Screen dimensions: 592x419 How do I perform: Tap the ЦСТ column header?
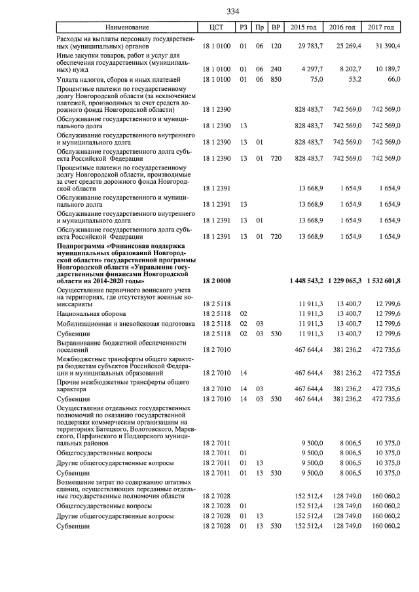tap(217, 27)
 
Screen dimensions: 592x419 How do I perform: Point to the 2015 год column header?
tap(304, 27)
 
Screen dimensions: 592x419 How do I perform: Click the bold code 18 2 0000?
tap(217, 281)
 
